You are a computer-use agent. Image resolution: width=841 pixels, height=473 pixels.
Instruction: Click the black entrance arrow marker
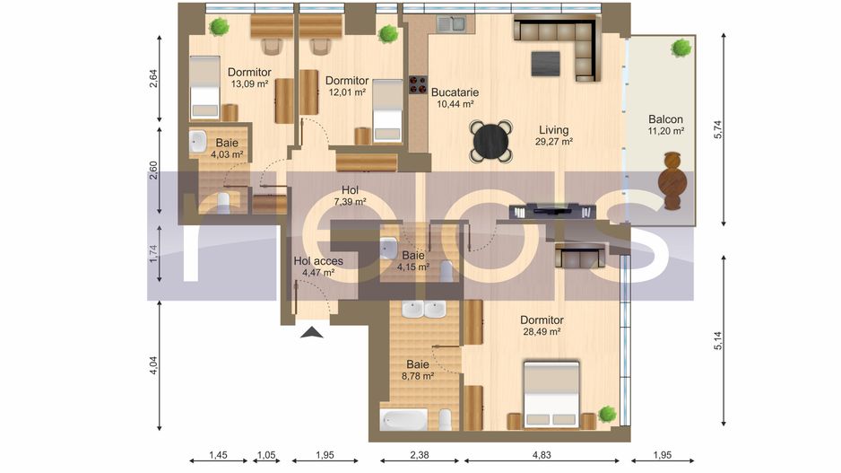312,333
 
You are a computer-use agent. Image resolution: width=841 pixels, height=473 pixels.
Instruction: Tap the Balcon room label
665,119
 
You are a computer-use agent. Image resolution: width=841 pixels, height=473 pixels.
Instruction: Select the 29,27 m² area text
554,142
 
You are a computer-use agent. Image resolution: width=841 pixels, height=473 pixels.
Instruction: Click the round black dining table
490,142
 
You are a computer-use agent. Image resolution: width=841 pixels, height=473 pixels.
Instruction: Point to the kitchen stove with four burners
418,84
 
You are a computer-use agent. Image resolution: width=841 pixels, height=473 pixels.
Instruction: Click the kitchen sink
452,23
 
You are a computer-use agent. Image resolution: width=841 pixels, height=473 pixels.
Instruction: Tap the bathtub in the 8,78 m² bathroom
403,420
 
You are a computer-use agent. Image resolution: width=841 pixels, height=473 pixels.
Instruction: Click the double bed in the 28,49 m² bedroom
551,395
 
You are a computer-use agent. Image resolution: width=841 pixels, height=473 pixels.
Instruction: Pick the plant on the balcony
681,48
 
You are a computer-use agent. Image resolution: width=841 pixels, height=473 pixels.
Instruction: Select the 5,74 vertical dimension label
718,129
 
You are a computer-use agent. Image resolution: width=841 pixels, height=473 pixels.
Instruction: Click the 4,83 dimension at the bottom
542,455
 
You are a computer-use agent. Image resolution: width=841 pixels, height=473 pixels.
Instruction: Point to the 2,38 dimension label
420,455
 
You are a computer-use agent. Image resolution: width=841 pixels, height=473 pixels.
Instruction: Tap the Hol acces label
318,261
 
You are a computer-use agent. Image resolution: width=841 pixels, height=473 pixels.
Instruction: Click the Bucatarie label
455,92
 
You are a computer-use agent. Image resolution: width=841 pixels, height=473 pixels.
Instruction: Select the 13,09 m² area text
249,83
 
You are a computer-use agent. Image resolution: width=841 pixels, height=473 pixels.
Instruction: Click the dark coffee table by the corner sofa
545,64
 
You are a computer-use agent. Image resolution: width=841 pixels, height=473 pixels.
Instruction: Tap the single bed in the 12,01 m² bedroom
387,111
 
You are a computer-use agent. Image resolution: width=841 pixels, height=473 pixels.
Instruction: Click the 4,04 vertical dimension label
154,365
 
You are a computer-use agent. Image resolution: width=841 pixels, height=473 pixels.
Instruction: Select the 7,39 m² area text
350,202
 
